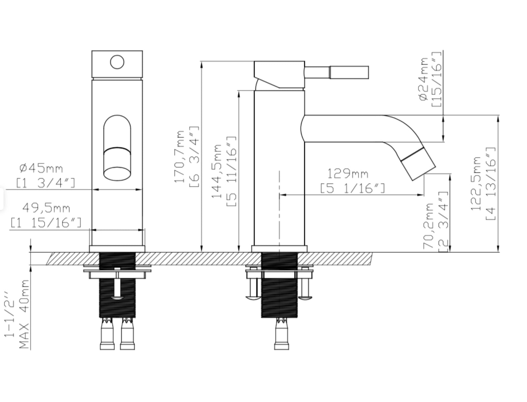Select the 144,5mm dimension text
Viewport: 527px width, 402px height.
[216, 171]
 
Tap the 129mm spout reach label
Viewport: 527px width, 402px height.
[347, 174]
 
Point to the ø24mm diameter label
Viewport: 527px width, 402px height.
[423, 79]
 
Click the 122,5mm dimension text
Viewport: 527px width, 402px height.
[476, 184]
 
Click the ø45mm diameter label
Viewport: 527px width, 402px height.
[41, 168]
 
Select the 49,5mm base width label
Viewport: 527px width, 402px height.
[46, 208]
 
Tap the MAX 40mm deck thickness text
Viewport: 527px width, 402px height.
[24, 314]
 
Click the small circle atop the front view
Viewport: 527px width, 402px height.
[117, 62]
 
